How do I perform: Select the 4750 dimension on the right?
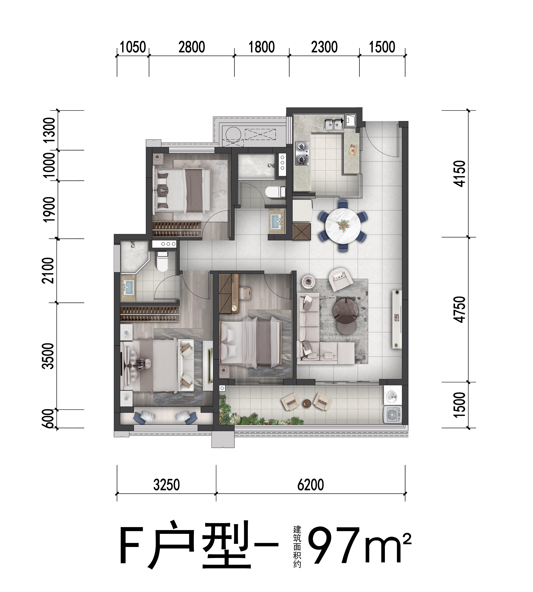click(x=459, y=309)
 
